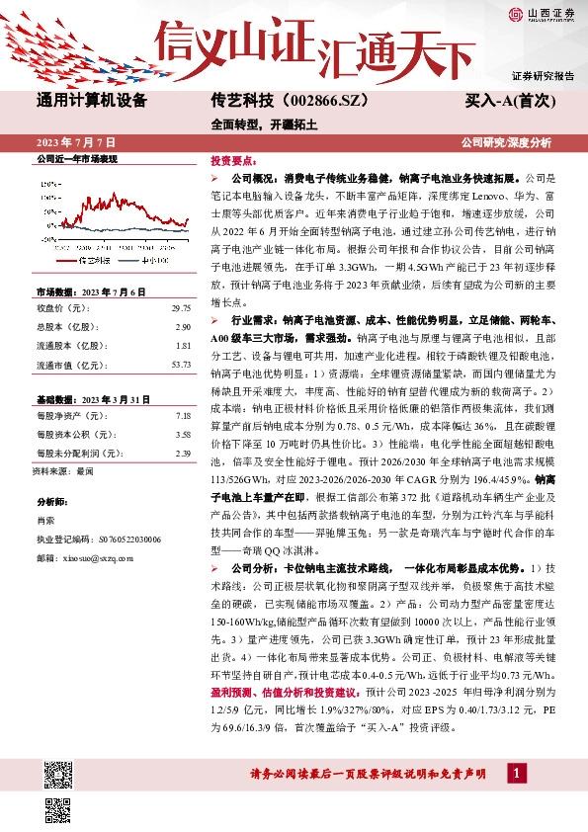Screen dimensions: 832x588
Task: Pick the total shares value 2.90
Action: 182,326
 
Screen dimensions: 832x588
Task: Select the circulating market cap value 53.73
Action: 180,365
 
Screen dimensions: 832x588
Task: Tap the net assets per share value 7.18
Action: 182,416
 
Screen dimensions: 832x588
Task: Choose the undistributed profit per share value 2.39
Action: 182,454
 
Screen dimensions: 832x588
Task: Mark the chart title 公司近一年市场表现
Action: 76,158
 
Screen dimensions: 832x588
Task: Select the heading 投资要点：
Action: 233,159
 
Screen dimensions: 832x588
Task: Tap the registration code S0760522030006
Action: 112,540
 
